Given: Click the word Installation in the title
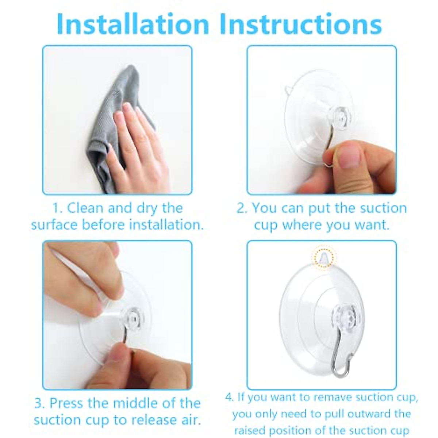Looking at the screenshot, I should (x=133, y=24).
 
